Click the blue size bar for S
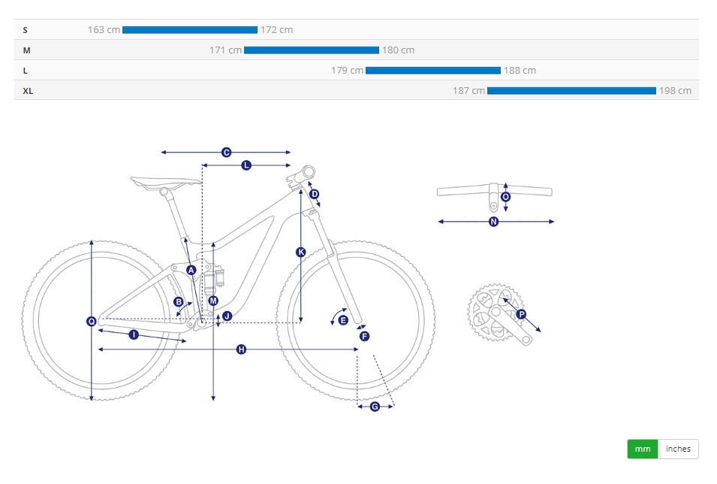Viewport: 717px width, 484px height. pos(190,30)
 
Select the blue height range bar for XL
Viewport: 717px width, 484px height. pos(571,91)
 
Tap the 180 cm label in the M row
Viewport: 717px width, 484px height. pos(398,50)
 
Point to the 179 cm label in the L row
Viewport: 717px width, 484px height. pos(347,71)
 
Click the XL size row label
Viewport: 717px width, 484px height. pos(28,91)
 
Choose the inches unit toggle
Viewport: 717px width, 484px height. pos(678,449)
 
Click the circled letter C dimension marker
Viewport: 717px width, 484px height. pos(226,153)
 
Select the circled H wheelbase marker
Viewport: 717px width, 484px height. pos(242,349)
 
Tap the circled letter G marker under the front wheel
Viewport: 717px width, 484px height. pos(375,406)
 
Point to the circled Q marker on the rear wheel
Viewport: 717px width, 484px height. pos(92,322)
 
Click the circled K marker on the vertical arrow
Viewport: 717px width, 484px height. pos(300,252)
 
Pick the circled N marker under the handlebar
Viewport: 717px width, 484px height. pos(493,222)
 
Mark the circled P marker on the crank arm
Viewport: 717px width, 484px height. pos(521,314)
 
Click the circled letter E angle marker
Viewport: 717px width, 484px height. pos(343,320)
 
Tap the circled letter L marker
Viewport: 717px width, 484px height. pos(246,165)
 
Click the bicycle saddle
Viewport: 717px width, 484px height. pos(165,183)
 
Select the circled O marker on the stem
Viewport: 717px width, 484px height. pos(505,197)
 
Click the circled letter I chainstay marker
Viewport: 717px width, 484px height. pos(134,334)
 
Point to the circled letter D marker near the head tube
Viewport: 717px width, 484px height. pos(314,194)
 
